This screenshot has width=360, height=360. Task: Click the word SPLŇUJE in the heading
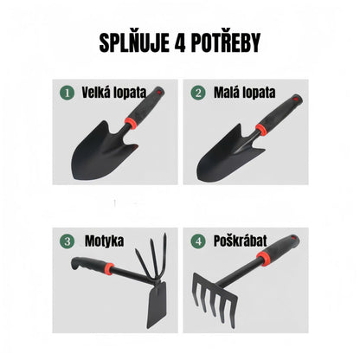[x=134, y=43]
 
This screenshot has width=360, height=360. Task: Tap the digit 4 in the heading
[x=180, y=43]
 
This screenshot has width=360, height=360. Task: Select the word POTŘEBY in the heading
[x=227, y=43]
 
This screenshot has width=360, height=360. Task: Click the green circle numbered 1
[x=67, y=93]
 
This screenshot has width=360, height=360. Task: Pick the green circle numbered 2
[x=198, y=93]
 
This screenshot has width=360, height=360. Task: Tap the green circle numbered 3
[x=67, y=241]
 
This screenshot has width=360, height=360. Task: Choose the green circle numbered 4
[x=198, y=241]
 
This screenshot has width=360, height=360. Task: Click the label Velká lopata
[x=114, y=93]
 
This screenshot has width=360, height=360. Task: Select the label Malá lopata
[x=245, y=93]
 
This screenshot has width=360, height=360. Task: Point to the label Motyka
[x=105, y=241]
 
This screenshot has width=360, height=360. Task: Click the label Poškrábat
[x=241, y=241]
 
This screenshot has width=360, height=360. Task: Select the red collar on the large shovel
[x=131, y=123]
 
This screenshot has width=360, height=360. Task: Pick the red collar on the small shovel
[x=262, y=130]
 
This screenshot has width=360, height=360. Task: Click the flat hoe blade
[x=157, y=305]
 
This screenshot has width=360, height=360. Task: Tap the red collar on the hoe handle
[x=109, y=268]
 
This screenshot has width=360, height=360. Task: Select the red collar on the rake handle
[x=264, y=259]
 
